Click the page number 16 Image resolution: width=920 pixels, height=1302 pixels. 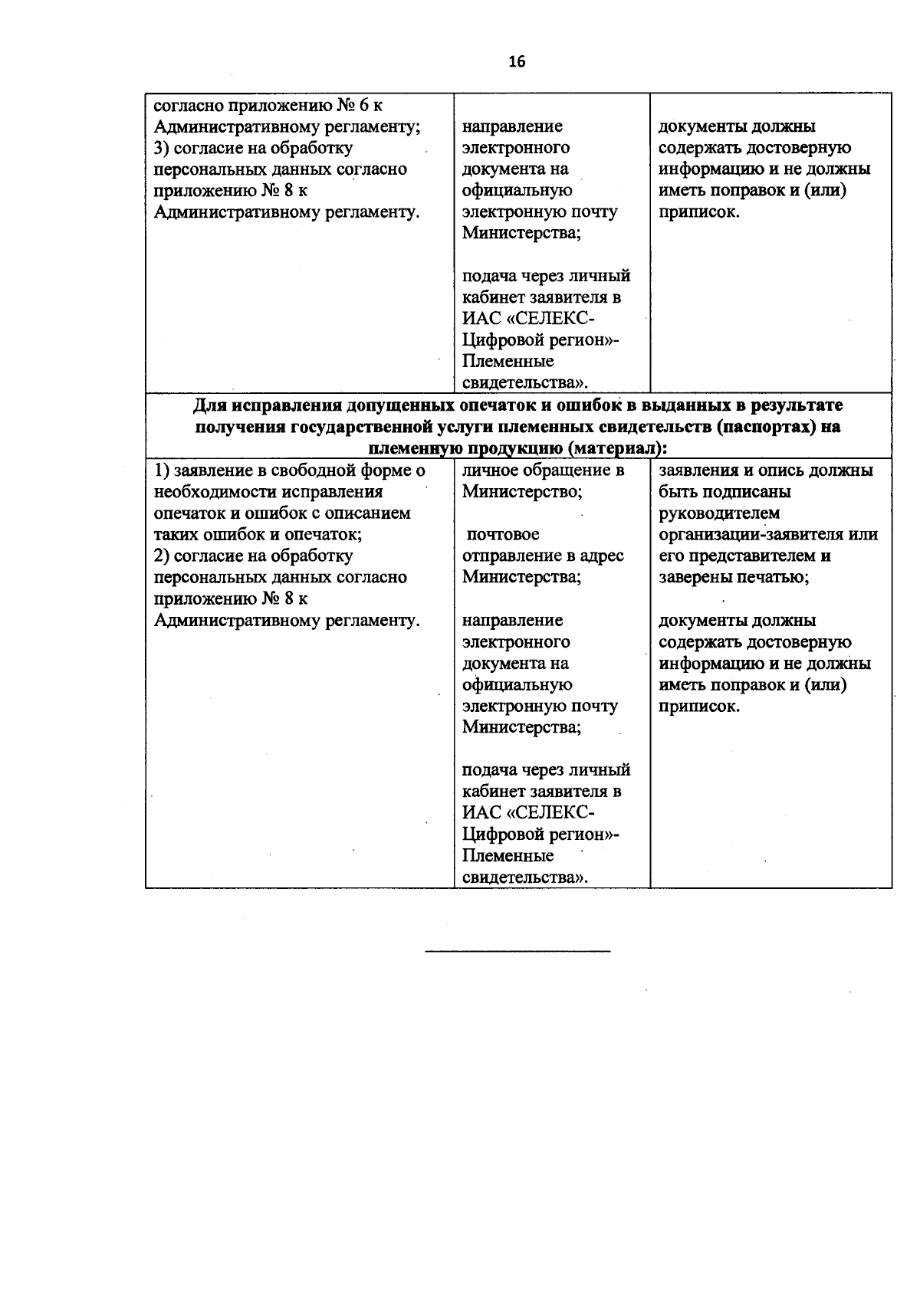point(517,62)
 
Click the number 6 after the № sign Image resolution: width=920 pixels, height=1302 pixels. point(365,105)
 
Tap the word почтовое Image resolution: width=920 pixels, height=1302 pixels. point(503,535)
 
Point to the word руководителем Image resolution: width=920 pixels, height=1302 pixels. point(719,513)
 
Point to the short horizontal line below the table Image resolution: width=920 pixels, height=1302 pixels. point(517,951)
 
